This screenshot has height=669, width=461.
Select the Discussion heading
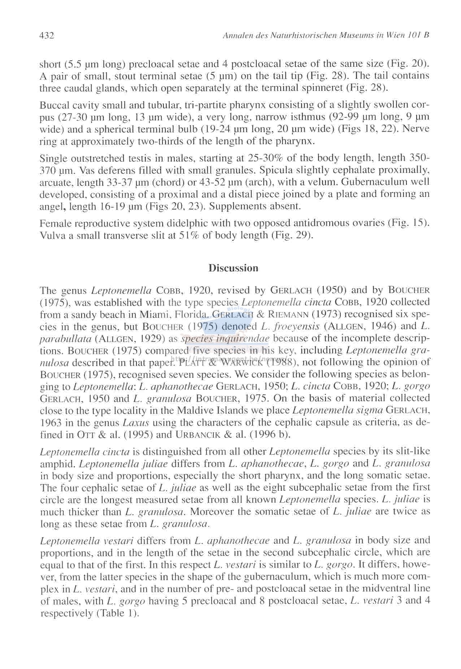pyautogui.click(x=234, y=268)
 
